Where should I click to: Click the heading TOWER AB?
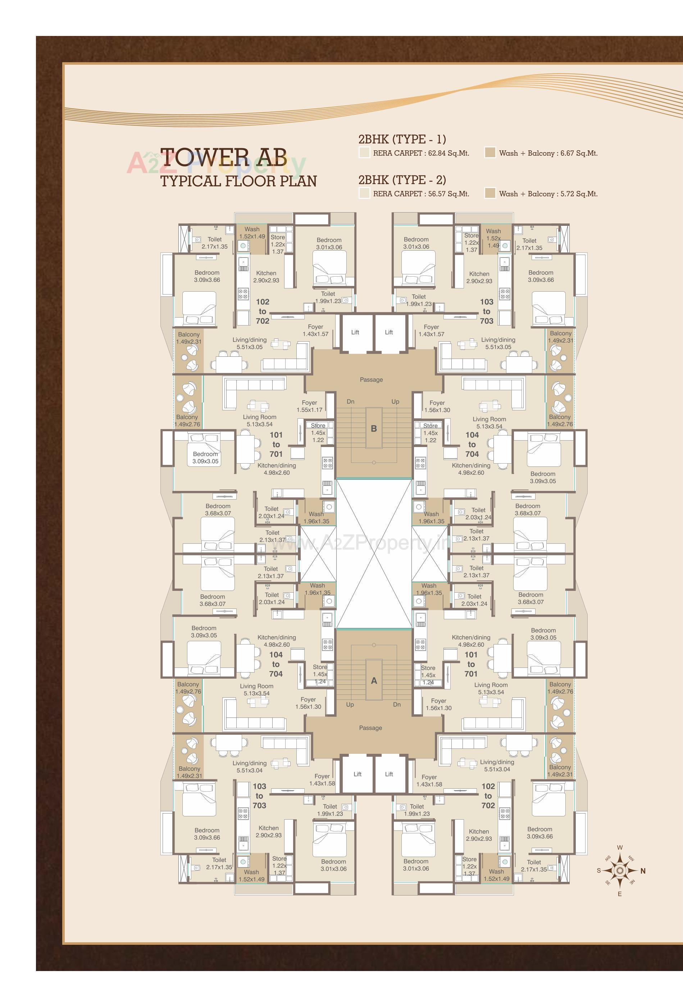[224, 158]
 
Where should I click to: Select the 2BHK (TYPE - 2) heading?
[402, 180]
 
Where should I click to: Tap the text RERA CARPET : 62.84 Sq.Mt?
[421, 153]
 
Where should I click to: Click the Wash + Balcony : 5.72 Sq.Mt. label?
[548, 194]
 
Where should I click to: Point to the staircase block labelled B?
[374, 429]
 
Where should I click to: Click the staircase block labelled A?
[374, 680]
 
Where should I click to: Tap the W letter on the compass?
[620, 848]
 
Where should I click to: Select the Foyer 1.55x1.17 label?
[309, 406]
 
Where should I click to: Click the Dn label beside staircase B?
[350, 402]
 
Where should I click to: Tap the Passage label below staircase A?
[370, 728]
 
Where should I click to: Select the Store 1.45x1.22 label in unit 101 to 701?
[318, 432]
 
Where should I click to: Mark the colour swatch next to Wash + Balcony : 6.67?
[490, 152]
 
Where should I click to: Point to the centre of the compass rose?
[620, 870]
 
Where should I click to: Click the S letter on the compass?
[599, 870]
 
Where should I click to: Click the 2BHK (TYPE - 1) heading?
[402, 139]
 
